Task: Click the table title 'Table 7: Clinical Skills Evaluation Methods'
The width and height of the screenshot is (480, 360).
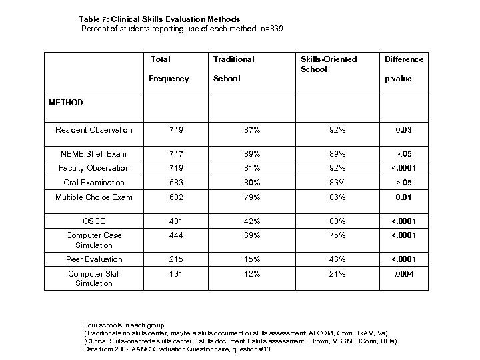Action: click(159, 19)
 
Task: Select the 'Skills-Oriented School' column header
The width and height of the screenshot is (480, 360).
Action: click(329, 64)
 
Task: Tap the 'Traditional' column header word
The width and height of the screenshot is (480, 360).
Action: click(233, 59)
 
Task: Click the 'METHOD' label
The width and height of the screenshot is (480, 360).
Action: click(66, 103)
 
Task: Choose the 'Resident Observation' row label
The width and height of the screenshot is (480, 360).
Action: click(94, 130)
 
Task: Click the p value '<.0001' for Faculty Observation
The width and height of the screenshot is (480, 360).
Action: click(403, 168)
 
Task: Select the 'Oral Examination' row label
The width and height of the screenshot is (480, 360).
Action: click(94, 183)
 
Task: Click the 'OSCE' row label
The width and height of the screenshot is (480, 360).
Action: click(94, 221)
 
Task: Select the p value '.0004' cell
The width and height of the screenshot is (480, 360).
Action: click(403, 274)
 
